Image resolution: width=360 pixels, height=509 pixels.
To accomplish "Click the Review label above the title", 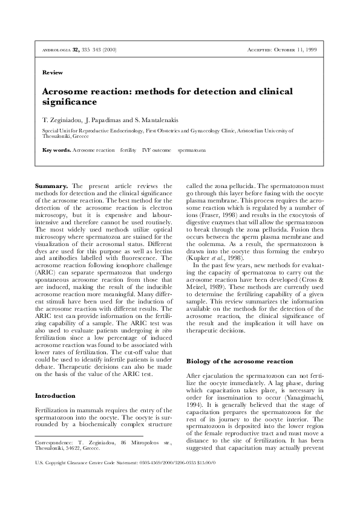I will coord(53,73).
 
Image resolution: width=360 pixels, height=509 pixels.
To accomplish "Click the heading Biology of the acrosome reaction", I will coord(232,361).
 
